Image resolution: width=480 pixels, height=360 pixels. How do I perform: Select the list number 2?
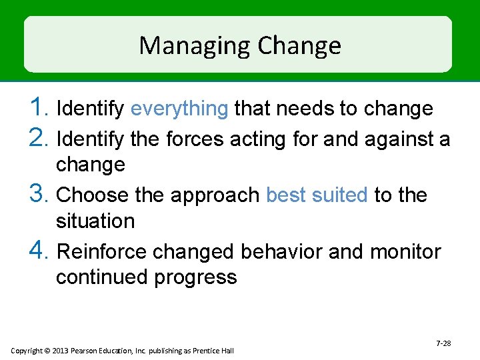click(39, 139)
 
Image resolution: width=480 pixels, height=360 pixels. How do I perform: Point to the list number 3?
click(39, 195)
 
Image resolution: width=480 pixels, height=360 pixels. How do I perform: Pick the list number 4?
click(39, 251)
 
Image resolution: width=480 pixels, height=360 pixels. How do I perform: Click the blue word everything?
click(179, 108)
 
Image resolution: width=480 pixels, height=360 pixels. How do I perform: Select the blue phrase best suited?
click(317, 195)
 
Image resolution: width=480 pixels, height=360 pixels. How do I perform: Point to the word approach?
click(215, 195)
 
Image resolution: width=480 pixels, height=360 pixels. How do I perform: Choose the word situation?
click(95, 221)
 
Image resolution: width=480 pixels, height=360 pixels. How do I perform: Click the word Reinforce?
click(103, 252)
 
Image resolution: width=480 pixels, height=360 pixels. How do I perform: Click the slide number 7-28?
click(443, 343)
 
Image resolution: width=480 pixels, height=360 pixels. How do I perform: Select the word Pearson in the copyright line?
click(86, 351)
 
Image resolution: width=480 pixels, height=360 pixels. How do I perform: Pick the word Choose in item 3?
click(92, 195)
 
